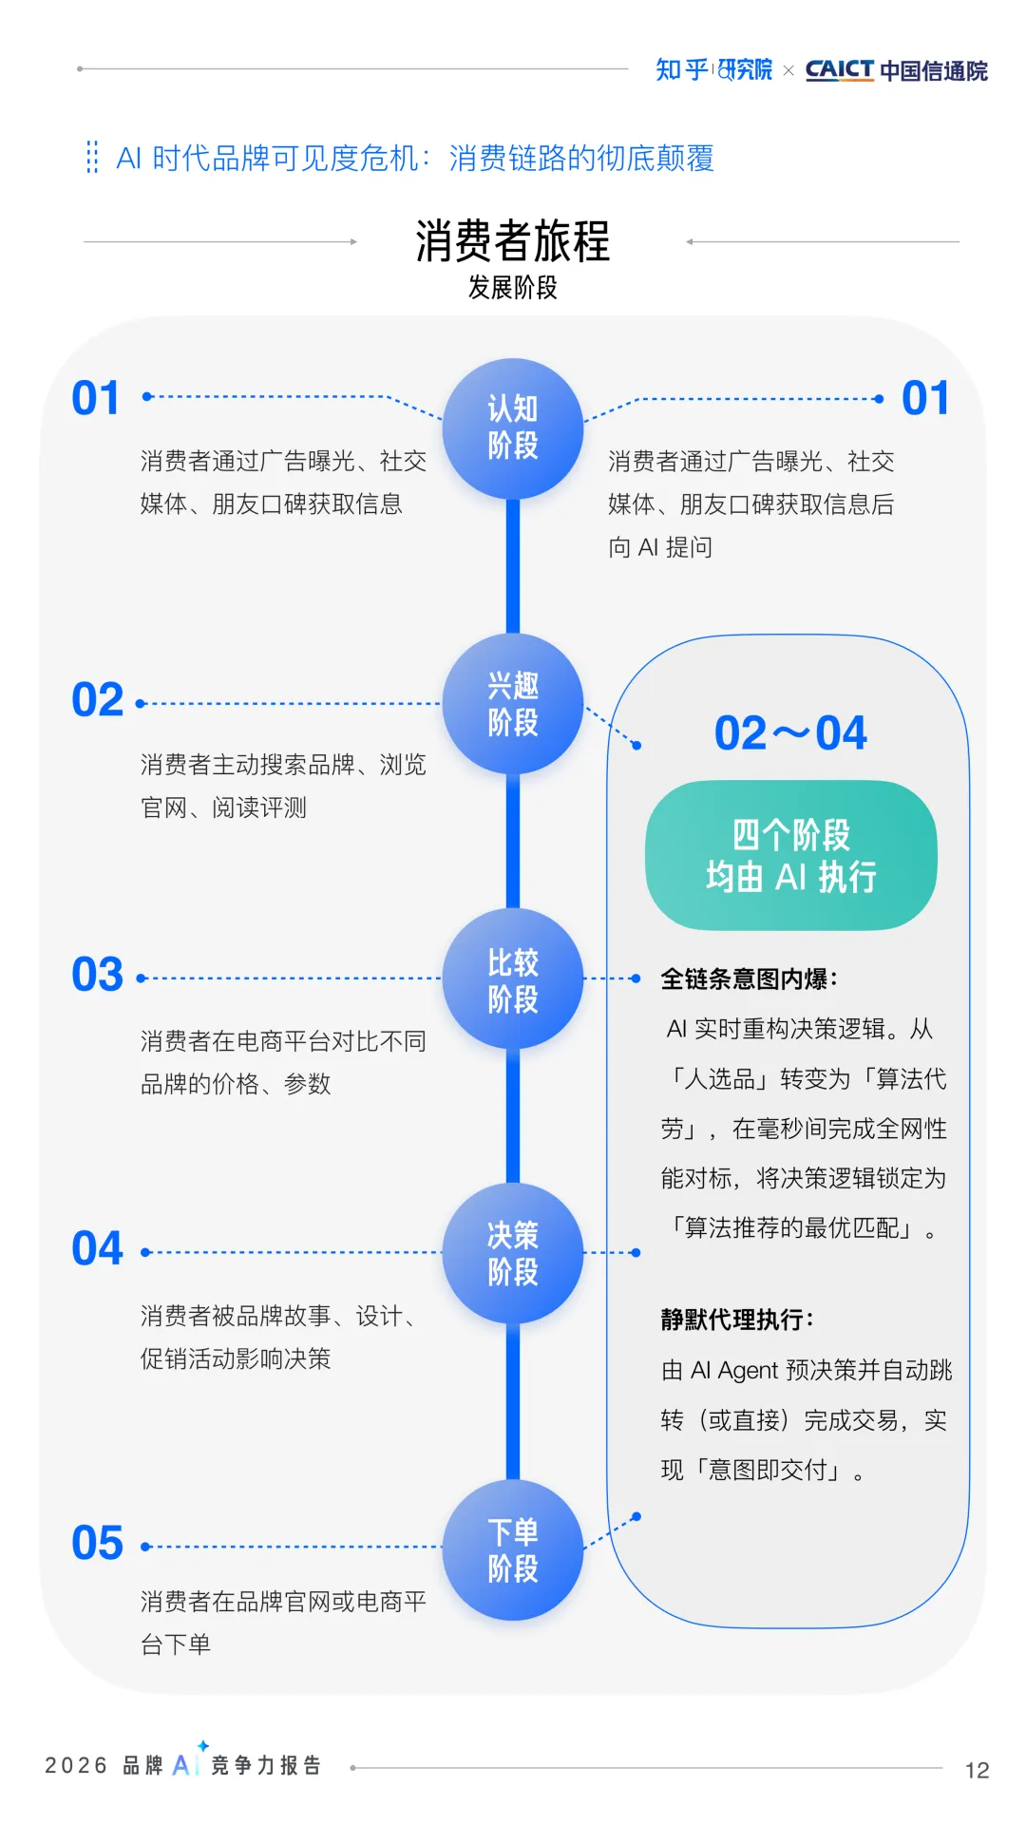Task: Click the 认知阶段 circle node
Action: tap(513, 427)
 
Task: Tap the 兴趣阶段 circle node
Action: tap(513, 704)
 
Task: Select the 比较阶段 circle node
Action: tap(513, 979)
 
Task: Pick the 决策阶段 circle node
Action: tap(513, 1253)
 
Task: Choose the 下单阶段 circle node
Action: tap(513, 1549)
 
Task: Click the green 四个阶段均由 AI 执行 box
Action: tap(791, 855)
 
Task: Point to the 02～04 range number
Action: tap(790, 733)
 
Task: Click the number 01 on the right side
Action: tap(925, 398)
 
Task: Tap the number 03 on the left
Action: tap(98, 975)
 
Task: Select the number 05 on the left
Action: tap(98, 1543)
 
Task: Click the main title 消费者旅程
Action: tap(513, 240)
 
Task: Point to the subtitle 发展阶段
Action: tap(513, 288)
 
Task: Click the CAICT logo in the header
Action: tap(839, 69)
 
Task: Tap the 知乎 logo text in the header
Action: tap(681, 69)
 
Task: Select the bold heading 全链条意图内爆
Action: tap(749, 979)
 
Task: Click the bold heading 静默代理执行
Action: tap(737, 1320)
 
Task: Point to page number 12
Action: tap(977, 1770)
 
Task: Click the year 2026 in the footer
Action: tap(76, 1765)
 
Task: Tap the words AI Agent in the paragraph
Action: tap(734, 1371)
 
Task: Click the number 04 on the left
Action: tap(98, 1248)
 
